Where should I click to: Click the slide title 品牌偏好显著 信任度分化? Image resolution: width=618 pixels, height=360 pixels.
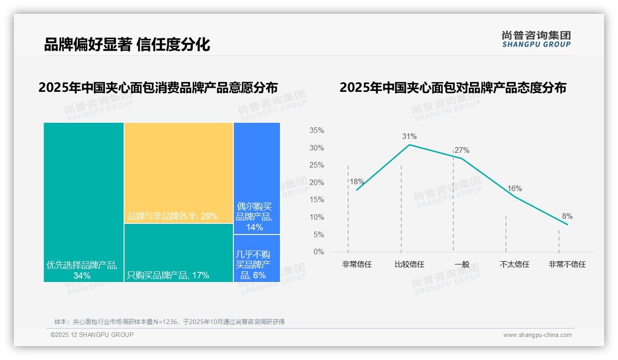point(127,44)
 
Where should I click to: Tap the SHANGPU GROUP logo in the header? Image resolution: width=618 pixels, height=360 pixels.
point(536,39)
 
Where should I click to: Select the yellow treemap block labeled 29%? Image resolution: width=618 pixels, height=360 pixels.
point(178,173)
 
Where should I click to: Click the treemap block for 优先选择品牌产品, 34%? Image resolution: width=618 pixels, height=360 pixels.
point(83,202)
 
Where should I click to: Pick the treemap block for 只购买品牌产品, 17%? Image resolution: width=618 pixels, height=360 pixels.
point(178,252)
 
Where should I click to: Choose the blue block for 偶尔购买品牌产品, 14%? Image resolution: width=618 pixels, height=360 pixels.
point(256,178)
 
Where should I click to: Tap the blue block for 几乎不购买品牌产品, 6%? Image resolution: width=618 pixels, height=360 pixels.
point(256,258)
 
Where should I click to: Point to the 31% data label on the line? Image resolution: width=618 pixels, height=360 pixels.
point(409,136)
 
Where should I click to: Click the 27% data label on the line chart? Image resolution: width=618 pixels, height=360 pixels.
point(462,150)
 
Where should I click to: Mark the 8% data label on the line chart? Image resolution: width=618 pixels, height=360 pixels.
point(567,216)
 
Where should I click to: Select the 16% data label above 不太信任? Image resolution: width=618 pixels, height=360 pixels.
point(514,188)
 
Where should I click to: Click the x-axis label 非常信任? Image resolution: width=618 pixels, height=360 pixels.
point(357,264)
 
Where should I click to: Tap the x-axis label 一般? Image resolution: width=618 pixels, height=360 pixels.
point(462,264)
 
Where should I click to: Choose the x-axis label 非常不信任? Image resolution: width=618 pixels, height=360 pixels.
point(567,264)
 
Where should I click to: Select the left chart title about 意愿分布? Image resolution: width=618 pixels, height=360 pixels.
point(158,87)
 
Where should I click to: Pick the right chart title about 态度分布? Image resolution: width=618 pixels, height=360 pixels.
point(453,87)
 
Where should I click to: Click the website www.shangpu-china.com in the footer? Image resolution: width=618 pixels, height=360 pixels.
point(537,335)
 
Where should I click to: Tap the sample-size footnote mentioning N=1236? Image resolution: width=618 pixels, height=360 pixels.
point(169,322)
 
